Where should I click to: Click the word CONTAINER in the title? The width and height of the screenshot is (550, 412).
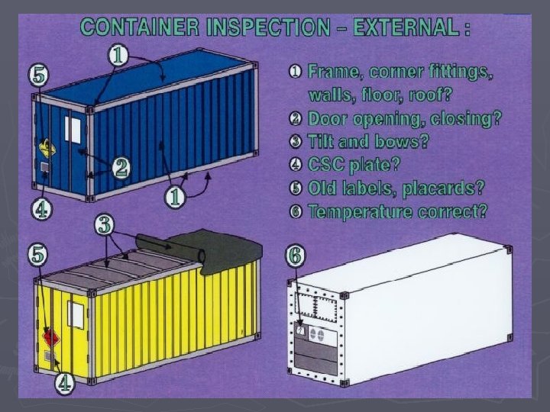tap(141, 28)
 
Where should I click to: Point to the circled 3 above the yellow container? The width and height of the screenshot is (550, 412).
tap(106, 224)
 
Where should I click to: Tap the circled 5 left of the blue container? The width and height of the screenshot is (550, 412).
tap(39, 76)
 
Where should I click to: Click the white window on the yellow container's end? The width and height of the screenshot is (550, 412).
tap(75, 312)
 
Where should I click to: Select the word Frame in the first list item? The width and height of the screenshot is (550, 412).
tap(334, 72)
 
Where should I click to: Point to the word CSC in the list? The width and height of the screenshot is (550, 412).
tap(329, 165)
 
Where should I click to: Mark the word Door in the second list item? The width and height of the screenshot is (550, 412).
tap(326, 118)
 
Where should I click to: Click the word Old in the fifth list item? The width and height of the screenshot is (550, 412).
tap(324, 188)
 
